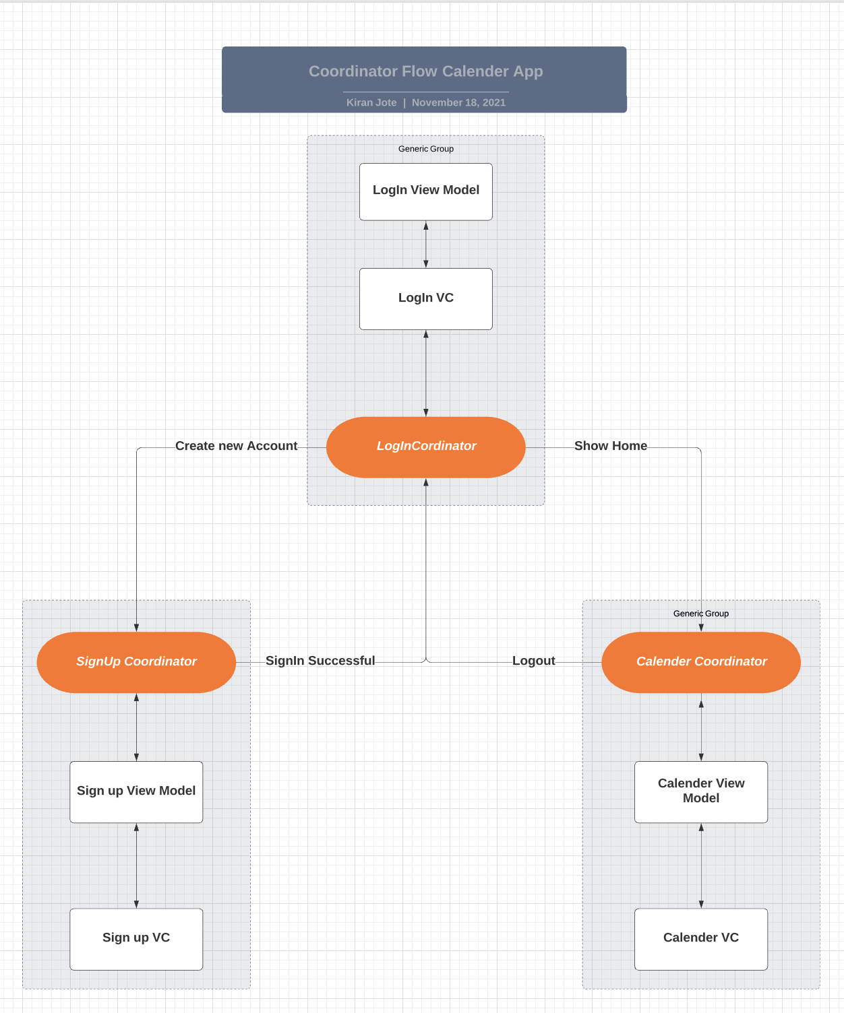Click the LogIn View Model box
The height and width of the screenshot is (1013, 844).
tap(426, 191)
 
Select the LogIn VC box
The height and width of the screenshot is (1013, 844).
tap(426, 298)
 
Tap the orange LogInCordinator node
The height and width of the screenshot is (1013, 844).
tap(426, 447)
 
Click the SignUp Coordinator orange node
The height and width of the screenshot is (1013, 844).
tap(136, 662)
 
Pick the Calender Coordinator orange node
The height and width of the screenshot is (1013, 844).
tap(701, 662)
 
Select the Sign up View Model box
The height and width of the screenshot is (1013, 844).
tap(136, 791)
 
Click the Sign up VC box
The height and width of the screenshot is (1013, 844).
tap(136, 938)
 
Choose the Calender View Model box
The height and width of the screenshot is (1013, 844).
tap(701, 791)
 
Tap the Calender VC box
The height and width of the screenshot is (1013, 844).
tap(701, 938)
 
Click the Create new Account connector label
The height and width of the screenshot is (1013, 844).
tap(236, 446)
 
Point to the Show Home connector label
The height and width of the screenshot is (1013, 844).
tap(610, 446)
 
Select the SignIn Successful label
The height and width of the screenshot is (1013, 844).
tap(320, 661)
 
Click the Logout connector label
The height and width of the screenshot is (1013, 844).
tap(533, 661)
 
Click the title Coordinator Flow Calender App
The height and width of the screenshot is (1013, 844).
tap(425, 71)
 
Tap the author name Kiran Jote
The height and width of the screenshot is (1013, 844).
tap(371, 102)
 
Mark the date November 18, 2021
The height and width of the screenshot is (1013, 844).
tap(458, 102)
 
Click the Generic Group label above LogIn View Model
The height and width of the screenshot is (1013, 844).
tap(426, 149)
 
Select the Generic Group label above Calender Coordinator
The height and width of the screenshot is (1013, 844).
tap(701, 614)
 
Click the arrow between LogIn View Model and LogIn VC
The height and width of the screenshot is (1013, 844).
tap(426, 244)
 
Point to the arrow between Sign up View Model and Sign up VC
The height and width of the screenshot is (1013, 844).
tap(136, 865)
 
